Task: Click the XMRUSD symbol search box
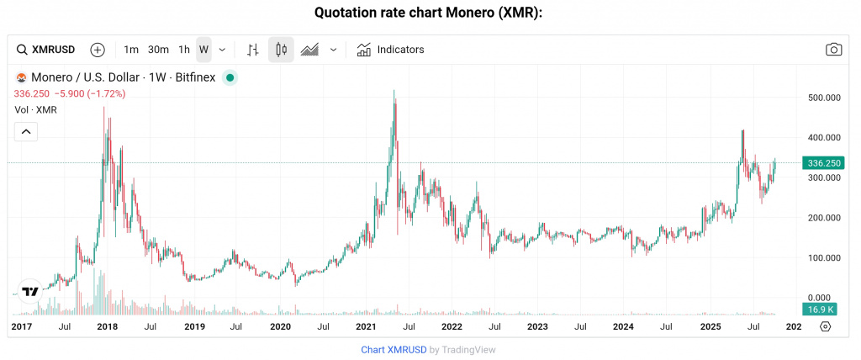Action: pyautogui.click(x=48, y=50)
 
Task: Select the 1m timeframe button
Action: pyautogui.click(x=130, y=50)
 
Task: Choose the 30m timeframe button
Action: pyautogui.click(x=158, y=50)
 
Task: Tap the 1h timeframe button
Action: pyautogui.click(x=184, y=50)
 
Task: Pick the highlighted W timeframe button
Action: pyautogui.click(x=203, y=50)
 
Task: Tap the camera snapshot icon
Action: pyautogui.click(x=833, y=50)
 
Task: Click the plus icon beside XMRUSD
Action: pyautogui.click(x=98, y=50)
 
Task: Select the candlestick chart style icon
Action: pyautogui.click(x=281, y=50)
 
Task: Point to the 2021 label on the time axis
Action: pyautogui.click(x=365, y=326)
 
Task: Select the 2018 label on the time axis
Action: pyautogui.click(x=107, y=326)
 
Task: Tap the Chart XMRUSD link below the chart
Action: pyautogui.click(x=394, y=349)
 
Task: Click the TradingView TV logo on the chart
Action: pyautogui.click(x=30, y=291)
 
